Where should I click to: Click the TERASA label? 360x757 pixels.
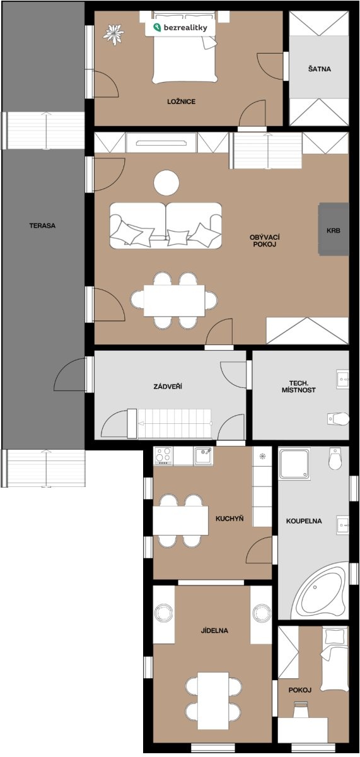pyautogui.click(x=42, y=225)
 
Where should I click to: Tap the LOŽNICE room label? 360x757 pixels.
pyautogui.click(x=182, y=102)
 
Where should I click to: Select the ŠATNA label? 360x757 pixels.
pyautogui.click(x=319, y=69)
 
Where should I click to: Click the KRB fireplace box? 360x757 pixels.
pyautogui.click(x=334, y=229)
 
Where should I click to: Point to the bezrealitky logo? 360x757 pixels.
pyautogui.click(x=180, y=28)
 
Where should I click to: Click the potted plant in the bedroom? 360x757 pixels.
pyautogui.click(x=113, y=34)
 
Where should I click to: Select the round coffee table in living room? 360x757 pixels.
pyautogui.click(x=166, y=182)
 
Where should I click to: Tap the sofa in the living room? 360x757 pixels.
pyautogui.click(x=166, y=226)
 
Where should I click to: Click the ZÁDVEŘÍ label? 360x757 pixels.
pyautogui.click(x=168, y=386)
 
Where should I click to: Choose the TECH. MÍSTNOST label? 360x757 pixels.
pyautogui.click(x=299, y=387)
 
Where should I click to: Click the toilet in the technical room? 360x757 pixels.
pyautogui.click(x=338, y=419)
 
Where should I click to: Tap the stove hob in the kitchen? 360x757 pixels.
pyautogui.click(x=163, y=455)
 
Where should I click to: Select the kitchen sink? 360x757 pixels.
pyautogui.click(x=203, y=455)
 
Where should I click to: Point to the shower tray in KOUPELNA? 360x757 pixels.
pyautogui.click(x=294, y=464)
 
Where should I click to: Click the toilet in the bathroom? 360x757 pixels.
pyautogui.click(x=335, y=459)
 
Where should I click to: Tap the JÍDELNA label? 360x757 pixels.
pyautogui.click(x=214, y=630)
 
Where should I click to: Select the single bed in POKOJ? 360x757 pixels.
pyautogui.click(x=334, y=659)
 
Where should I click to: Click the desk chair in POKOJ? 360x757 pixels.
pyautogui.click(x=301, y=709)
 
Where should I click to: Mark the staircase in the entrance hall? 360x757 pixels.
pyautogui.click(x=174, y=424)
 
